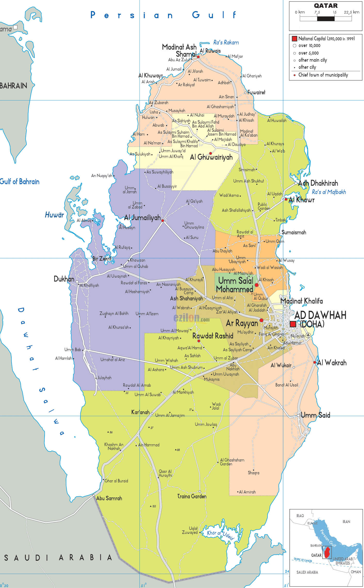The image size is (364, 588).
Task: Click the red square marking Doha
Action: point(293,324)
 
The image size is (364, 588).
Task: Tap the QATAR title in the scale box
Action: point(326,6)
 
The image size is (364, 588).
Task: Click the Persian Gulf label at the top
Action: point(163,15)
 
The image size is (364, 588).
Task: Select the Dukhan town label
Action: point(64,279)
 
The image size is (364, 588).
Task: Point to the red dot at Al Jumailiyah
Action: point(163,221)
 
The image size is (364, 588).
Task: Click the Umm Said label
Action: point(315,415)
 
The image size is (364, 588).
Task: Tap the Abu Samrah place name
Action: point(109,498)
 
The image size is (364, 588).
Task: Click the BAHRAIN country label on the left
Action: point(13,86)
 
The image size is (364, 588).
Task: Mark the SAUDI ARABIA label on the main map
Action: point(58,558)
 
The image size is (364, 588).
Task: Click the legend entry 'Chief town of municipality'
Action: point(323,75)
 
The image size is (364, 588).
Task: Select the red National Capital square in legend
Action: point(294,39)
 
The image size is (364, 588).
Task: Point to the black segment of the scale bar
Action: point(326,19)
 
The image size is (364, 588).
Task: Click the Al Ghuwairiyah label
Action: point(211,157)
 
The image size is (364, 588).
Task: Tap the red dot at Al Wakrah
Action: point(315,362)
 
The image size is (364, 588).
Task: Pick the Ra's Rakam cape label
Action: point(226,42)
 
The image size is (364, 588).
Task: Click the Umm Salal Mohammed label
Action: point(235,285)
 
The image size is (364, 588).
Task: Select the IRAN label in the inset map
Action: point(346,522)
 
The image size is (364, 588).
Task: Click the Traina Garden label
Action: point(192,496)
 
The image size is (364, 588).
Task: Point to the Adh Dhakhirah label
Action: point(318,183)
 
